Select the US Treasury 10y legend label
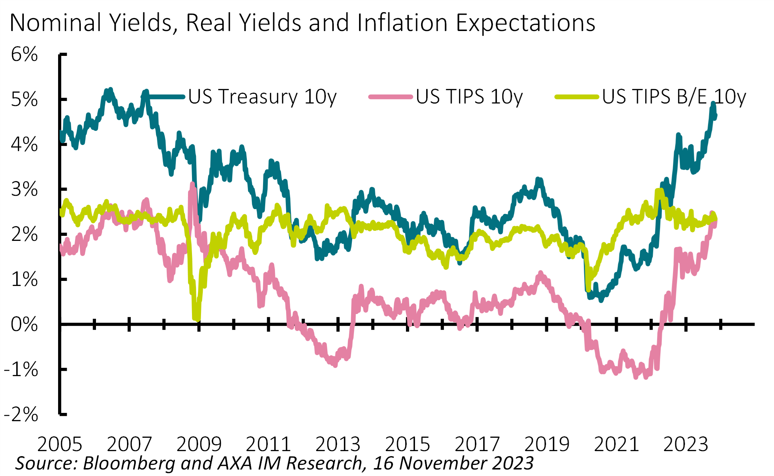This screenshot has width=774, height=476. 262,97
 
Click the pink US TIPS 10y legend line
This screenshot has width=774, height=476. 390,97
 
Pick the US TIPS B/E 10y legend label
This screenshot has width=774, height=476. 674,97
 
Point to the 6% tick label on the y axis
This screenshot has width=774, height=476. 24,54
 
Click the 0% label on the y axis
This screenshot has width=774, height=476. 24,324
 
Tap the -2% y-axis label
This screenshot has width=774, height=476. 21,414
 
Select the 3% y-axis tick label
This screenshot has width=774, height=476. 24,189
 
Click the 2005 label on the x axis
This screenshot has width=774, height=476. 60,444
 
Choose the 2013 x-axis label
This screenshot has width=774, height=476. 338,444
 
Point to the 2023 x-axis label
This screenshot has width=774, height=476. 686,444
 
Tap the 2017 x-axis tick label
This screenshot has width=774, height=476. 477,444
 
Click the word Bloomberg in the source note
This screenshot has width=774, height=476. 129,463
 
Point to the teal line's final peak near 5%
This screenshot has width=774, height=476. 713,104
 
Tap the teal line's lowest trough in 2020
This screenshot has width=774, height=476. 590,297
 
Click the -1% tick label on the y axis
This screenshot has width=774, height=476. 21,370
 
